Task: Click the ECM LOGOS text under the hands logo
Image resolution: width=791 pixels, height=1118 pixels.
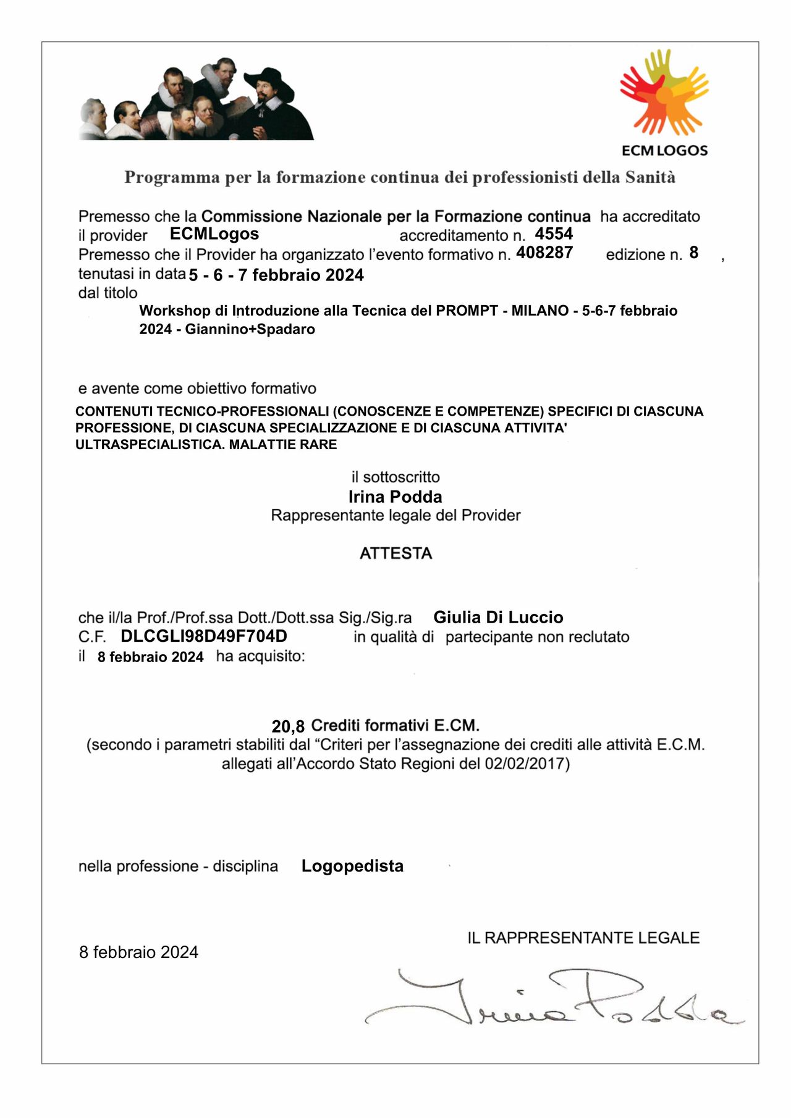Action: pyautogui.click(x=664, y=150)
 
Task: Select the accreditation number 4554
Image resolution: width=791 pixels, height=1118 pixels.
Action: pyautogui.click(x=554, y=233)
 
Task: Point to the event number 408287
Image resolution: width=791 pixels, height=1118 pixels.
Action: pyautogui.click(x=544, y=253)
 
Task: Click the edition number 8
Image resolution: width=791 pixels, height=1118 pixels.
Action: pyautogui.click(x=694, y=253)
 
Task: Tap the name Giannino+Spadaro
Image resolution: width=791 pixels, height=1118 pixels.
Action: pyautogui.click(x=250, y=329)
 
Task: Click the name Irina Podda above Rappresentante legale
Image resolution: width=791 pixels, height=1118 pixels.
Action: pyautogui.click(x=395, y=497)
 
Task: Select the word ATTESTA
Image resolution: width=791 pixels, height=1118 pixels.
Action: pyautogui.click(x=395, y=553)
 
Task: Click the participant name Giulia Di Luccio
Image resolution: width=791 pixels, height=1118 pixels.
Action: pyautogui.click(x=498, y=617)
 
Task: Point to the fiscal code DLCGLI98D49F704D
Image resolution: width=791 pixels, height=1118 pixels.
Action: pyautogui.click(x=204, y=636)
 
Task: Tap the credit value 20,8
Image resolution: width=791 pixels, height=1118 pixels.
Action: pyautogui.click(x=288, y=726)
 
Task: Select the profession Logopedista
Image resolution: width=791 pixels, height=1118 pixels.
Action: pyautogui.click(x=352, y=866)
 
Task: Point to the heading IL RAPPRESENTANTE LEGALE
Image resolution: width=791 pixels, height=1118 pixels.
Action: pyautogui.click(x=583, y=938)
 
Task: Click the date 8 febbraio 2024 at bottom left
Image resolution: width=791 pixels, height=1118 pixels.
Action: pyautogui.click(x=138, y=952)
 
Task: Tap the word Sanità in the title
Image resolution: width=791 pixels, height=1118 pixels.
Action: pyautogui.click(x=650, y=177)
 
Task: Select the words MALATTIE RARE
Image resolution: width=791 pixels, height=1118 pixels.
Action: pyautogui.click(x=283, y=445)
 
